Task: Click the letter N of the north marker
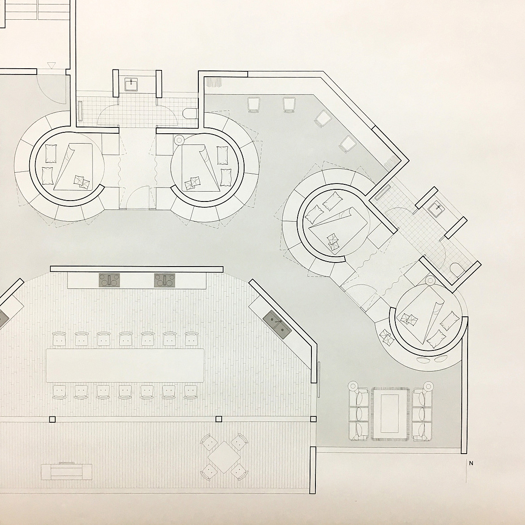point(471,464)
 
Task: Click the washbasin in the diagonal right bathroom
point(437,208)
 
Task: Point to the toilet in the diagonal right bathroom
point(458,270)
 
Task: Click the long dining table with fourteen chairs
point(125,365)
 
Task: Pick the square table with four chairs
point(224,457)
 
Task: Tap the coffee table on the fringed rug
point(390,413)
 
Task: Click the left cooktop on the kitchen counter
point(109,280)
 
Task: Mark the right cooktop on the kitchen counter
point(165,280)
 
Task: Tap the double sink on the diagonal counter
point(277,324)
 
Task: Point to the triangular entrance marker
point(51,66)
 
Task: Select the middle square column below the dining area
point(219,419)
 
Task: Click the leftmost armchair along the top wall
point(254,104)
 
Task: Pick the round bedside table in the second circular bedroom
point(179,140)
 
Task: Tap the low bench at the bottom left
point(66,472)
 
